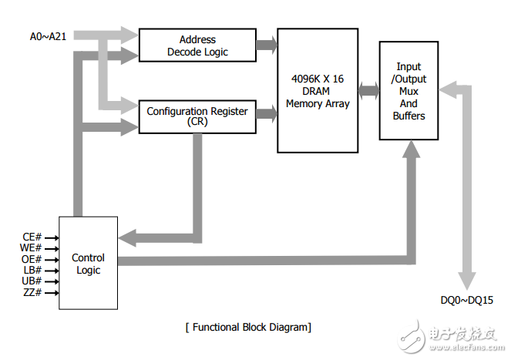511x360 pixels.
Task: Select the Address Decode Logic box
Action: coord(197,45)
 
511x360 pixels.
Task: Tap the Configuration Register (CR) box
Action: coord(197,116)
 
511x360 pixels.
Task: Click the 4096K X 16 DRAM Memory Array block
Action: coord(318,90)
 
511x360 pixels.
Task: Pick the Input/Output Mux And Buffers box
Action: coord(408,91)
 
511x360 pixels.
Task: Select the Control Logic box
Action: coord(88,264)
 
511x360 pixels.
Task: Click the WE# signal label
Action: coord(29,248)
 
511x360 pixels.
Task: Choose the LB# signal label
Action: coord(30,271)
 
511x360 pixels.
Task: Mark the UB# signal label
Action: coord(30,281)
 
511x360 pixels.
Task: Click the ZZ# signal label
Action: coord(31,293)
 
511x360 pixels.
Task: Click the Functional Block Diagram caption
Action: coord(248,328)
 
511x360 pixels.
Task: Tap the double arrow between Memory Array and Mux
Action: coord(369,90)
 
